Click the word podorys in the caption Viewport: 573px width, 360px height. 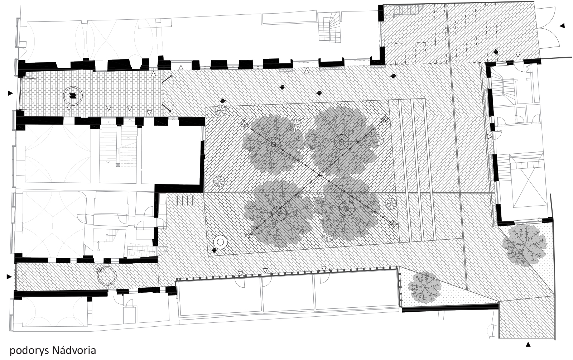pos(29,351)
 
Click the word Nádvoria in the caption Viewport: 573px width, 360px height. pos(74,350)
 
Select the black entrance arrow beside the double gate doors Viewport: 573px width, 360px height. pos(562,25)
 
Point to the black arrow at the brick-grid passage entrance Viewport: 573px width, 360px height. pos(10,93)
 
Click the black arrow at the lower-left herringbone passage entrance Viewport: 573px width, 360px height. pos(9,277)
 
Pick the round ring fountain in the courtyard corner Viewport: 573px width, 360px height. pos(221,242)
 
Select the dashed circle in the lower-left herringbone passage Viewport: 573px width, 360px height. pos(107,276)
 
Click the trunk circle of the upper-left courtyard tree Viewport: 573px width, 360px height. pos(274,145)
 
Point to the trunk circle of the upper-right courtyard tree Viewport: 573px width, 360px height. pos(342,142)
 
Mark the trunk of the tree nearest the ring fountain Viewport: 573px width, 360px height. pos(279,213)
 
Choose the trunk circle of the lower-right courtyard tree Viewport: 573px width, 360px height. pos(347,208)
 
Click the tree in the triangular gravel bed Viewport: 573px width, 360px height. pos(424,288)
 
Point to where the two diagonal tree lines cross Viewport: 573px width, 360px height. pos(320,175)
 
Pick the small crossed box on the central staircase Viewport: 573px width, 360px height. pos(118,165)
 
